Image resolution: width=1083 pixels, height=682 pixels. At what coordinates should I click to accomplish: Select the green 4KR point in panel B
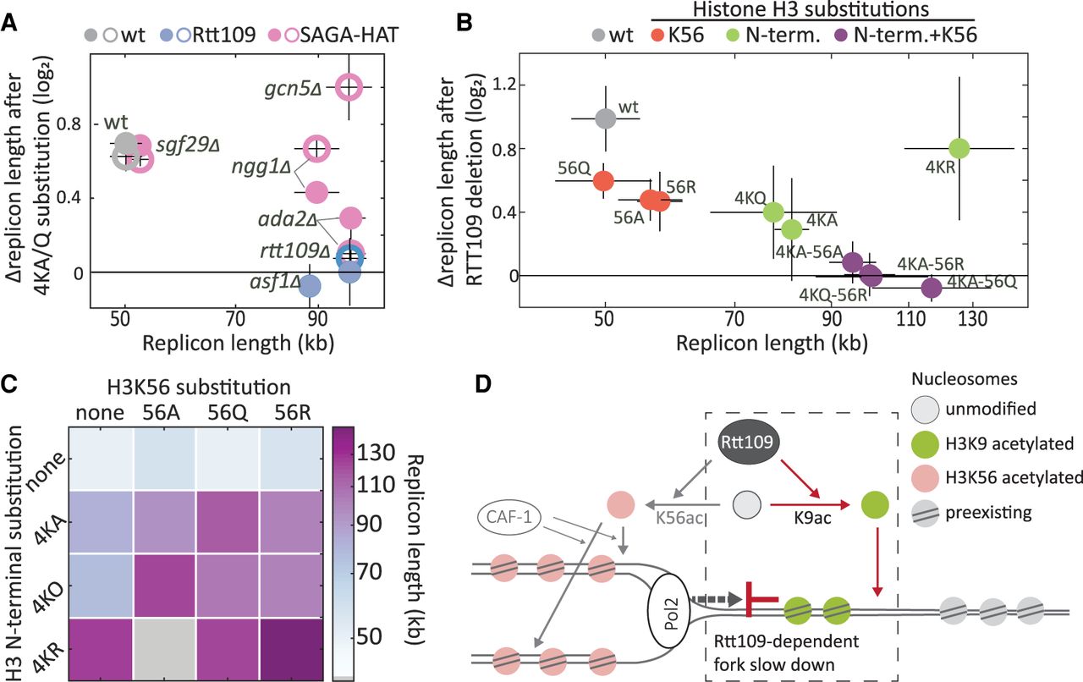tap(959, 148)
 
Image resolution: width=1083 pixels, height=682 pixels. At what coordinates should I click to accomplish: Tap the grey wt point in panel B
tap(605, 118)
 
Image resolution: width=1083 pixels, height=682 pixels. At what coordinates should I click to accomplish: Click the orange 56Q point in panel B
tap(603, 180)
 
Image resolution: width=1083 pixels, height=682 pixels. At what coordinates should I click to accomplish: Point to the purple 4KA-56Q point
tap(932, 288)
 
